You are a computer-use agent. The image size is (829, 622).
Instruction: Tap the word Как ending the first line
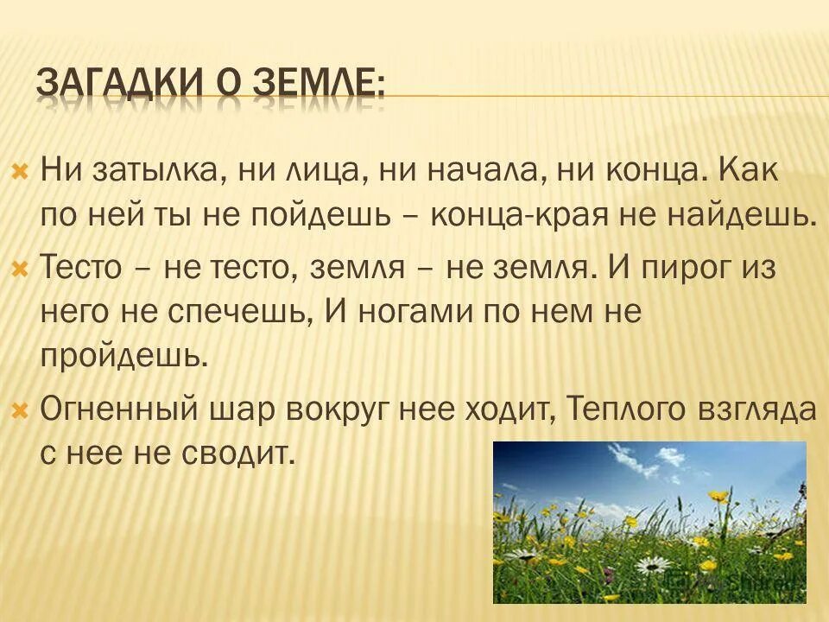tap(749, 170)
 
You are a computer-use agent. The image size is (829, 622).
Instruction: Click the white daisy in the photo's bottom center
tap(653, 565)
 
